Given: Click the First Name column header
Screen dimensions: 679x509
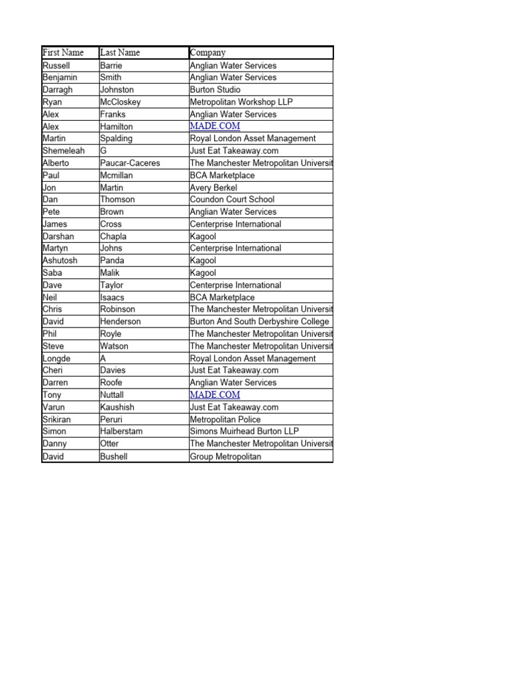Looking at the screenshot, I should click(63, 52).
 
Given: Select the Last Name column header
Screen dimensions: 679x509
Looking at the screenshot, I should click(120, 52).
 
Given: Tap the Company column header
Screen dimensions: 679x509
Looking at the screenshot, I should click(208, 52).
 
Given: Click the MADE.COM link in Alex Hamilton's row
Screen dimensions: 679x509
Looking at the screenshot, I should click(215, 126).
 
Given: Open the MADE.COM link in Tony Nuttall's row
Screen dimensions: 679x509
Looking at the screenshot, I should click(215, 395).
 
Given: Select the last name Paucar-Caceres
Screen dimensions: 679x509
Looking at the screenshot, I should click(130, 163).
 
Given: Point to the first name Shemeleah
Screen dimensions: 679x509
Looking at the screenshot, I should click(64, 151).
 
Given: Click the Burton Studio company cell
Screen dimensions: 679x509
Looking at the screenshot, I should click(215, 90).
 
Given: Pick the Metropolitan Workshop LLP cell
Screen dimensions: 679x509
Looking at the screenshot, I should click(241, 102).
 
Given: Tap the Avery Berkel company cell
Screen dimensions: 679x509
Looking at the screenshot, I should click(213, 188).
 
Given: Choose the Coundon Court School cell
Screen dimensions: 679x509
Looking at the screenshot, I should click(232, 200).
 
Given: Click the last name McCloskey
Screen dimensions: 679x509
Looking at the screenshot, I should click(121, 102).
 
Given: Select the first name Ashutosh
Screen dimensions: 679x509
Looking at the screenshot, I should click(60, 261).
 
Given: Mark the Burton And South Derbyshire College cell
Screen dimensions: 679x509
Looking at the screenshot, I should click(259, 322).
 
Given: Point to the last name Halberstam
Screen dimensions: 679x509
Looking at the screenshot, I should click(121, 431).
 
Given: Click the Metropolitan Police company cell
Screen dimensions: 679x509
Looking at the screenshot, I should click(225, 419).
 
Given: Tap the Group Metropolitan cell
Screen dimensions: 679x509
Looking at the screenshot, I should click(225, 456).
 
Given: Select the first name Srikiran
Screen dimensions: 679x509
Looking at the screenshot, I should click(59, 419).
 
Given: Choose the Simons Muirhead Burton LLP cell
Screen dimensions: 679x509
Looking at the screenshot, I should click(245, 431).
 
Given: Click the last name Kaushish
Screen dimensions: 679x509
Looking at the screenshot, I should click(118, 407).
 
